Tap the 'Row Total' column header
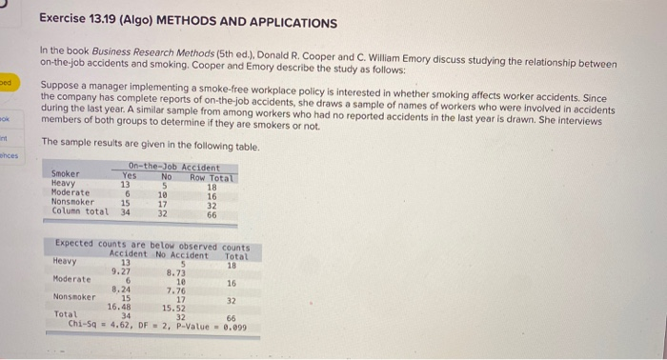(212, 178)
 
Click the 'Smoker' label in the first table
(66, 174)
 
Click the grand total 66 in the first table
(212, 215)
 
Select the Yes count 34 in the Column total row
(125, 212)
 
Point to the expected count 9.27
(122, 270)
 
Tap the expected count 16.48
(119, 307)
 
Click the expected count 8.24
(121, 289)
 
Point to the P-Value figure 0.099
(233, 327)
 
